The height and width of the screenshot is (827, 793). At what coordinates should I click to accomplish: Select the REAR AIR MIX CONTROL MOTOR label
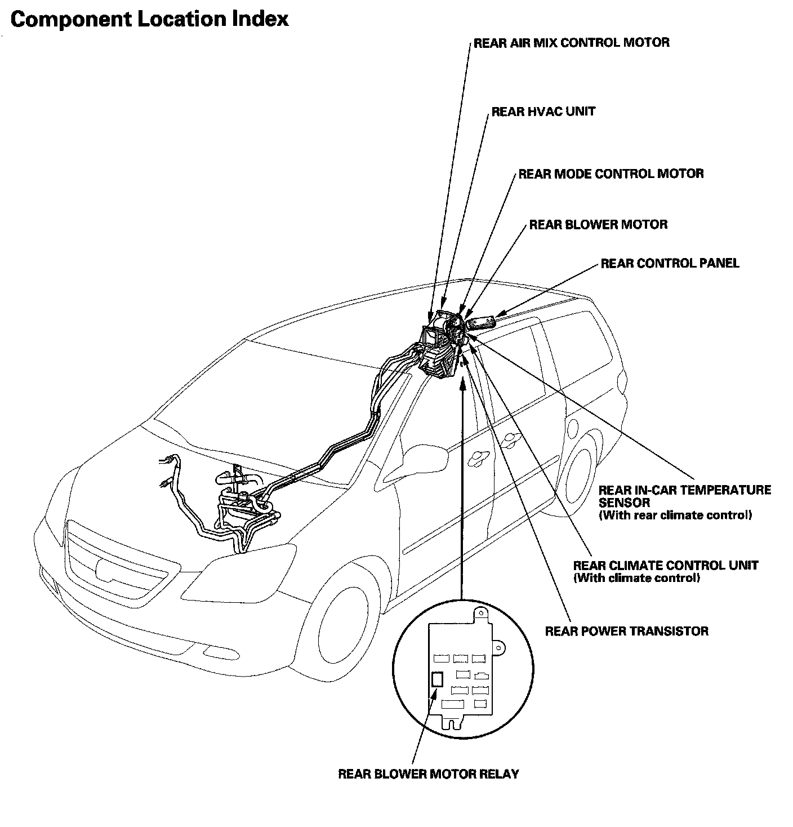[x=571, y=43]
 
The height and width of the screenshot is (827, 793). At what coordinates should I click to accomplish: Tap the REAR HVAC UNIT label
[x=543, y=112]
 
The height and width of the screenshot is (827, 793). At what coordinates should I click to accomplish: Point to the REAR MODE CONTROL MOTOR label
[x=611, y=174]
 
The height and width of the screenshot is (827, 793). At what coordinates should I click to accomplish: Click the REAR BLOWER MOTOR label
[x=598, y=225]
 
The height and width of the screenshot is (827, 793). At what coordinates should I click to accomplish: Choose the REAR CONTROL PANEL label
[x=670, y=263]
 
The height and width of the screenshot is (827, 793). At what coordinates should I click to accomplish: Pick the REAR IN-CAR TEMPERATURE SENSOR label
[x=684, y=496]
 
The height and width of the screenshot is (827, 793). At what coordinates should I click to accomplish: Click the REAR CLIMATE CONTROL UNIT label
[x=665, y=565]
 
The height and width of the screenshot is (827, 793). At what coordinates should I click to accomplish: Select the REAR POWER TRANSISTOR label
[x=626, y=631]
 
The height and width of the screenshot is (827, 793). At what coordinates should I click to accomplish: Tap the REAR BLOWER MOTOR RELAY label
[x=428, y=774]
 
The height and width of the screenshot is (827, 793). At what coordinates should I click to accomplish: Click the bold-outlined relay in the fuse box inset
[x=437, y=679]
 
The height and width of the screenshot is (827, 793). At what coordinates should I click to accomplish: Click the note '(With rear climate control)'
[x=675, y=515]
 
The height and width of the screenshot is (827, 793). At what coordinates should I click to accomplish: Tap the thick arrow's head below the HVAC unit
[x=462, y=384]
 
